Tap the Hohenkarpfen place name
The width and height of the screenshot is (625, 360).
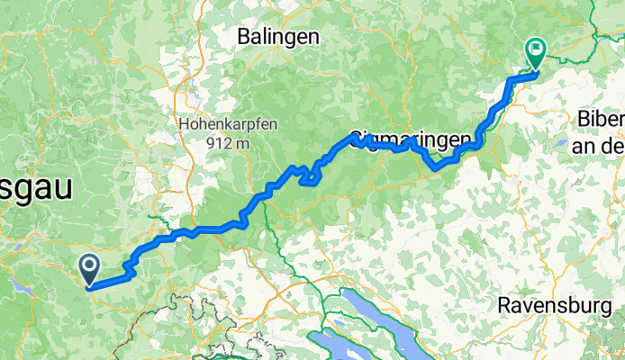coord(227,124)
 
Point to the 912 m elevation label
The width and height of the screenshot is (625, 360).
coord(227,143)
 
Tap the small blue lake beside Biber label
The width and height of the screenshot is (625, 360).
coord(561,142)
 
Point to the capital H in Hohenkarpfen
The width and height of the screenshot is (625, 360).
coord(184,124)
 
